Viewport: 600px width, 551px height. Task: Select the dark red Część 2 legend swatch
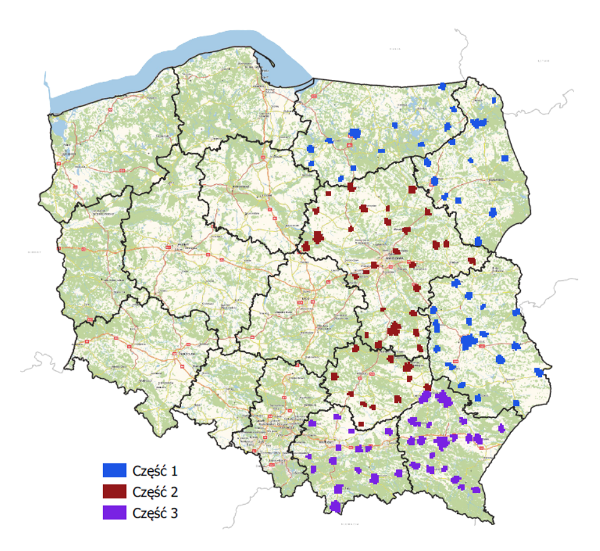tap(114, 492)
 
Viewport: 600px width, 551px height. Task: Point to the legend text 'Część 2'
tap(156, 492)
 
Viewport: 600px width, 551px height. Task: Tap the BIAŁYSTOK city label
tap(499, 179)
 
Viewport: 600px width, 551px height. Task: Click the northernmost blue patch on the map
tap(443, 86)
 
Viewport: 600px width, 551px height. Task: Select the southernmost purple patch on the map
tap(335, 508)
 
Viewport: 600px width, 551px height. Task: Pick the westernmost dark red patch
tap(306, 247)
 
